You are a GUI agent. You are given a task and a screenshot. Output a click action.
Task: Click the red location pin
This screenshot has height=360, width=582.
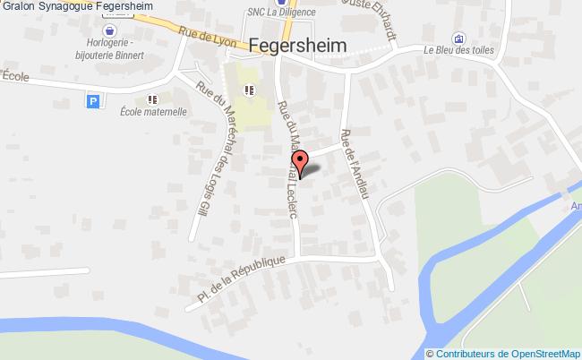coord(303,162)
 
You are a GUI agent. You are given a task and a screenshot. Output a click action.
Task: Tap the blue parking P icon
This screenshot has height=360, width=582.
coord(93,102)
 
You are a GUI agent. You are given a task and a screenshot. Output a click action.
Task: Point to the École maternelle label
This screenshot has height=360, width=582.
coord(153,113)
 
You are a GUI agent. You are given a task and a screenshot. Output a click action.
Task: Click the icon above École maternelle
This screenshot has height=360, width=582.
coord(153,99)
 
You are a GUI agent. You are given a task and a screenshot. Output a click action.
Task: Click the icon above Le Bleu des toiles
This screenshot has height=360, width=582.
coord(458,38)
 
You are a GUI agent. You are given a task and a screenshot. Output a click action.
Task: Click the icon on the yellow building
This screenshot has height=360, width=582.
coord(248,89)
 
